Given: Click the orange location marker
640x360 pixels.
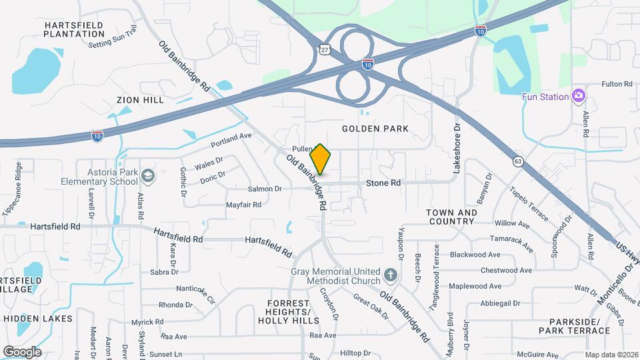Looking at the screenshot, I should click(x=321, y=159).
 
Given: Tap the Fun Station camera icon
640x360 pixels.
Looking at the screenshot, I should click(x=578, y=97).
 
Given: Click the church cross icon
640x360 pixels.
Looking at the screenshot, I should click(x=391, y=275).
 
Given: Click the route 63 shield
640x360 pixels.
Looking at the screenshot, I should click(x=517, y=161).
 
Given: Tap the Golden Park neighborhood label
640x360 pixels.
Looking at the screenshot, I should click(x=375, y=128).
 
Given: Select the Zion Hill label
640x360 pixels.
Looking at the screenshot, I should click(x=140, y=100).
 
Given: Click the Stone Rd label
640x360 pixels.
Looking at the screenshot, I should click(x=383, y=183).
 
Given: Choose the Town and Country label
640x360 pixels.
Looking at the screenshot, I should click(x=452, y=217).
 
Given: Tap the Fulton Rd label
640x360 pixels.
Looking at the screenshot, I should click(x=616, y=84).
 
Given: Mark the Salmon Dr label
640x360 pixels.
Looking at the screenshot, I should click(x=265, y=189).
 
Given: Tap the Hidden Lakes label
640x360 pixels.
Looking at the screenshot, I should click(x=38, y=319).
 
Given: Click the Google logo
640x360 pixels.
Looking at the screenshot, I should click(x=22, y=351).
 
